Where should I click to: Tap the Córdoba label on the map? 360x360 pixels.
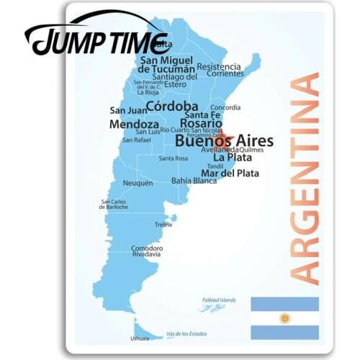[x=172, y=106]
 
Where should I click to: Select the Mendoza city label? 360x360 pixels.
[x=134, y=124]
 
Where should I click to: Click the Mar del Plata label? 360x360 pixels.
[x=230, y=173]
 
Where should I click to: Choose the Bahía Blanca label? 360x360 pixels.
[x=194, y=181]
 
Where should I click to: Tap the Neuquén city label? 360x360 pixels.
[x=138, y=183]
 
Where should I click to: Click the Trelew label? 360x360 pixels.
[x=163, y=224]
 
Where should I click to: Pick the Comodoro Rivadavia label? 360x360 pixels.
[x=147, y=251]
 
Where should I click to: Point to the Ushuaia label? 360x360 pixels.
[x=140, y=338]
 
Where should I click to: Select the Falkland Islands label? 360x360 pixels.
[x=218, y=300]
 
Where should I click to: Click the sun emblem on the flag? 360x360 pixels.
[x=284, y=318]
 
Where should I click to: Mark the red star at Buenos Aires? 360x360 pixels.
[x=221, y=136]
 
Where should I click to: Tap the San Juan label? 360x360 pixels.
[x=123, y=110]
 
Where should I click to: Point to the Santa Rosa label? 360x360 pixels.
[x=173, y=158]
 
